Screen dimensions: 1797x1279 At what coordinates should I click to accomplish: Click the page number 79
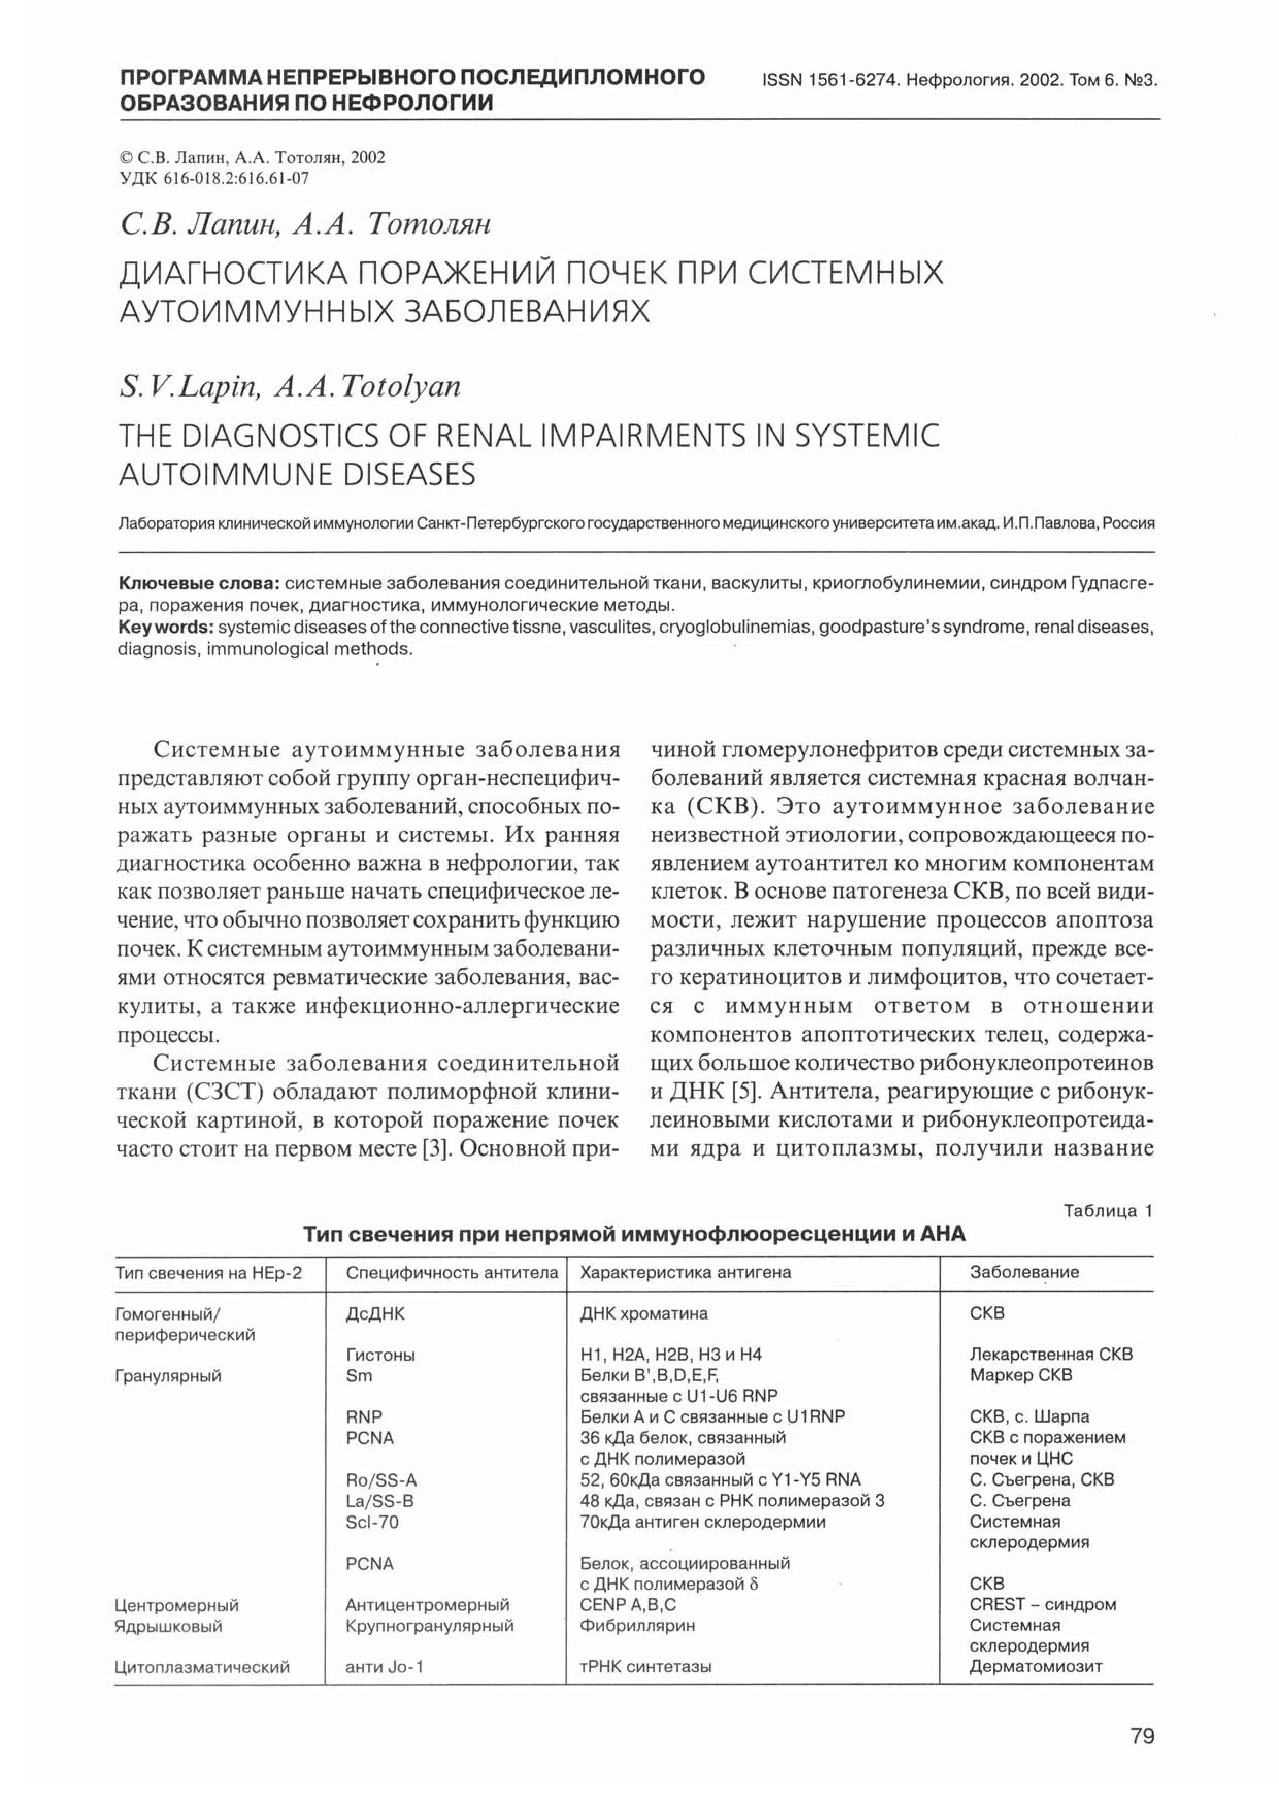(x=1142, y=1736)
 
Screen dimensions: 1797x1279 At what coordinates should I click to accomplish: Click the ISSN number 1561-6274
(x=853, y=80)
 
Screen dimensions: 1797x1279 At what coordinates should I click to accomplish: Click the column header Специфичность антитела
(x=452, y=1272)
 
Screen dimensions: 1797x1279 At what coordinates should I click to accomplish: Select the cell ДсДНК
(x=376, y=1313)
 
